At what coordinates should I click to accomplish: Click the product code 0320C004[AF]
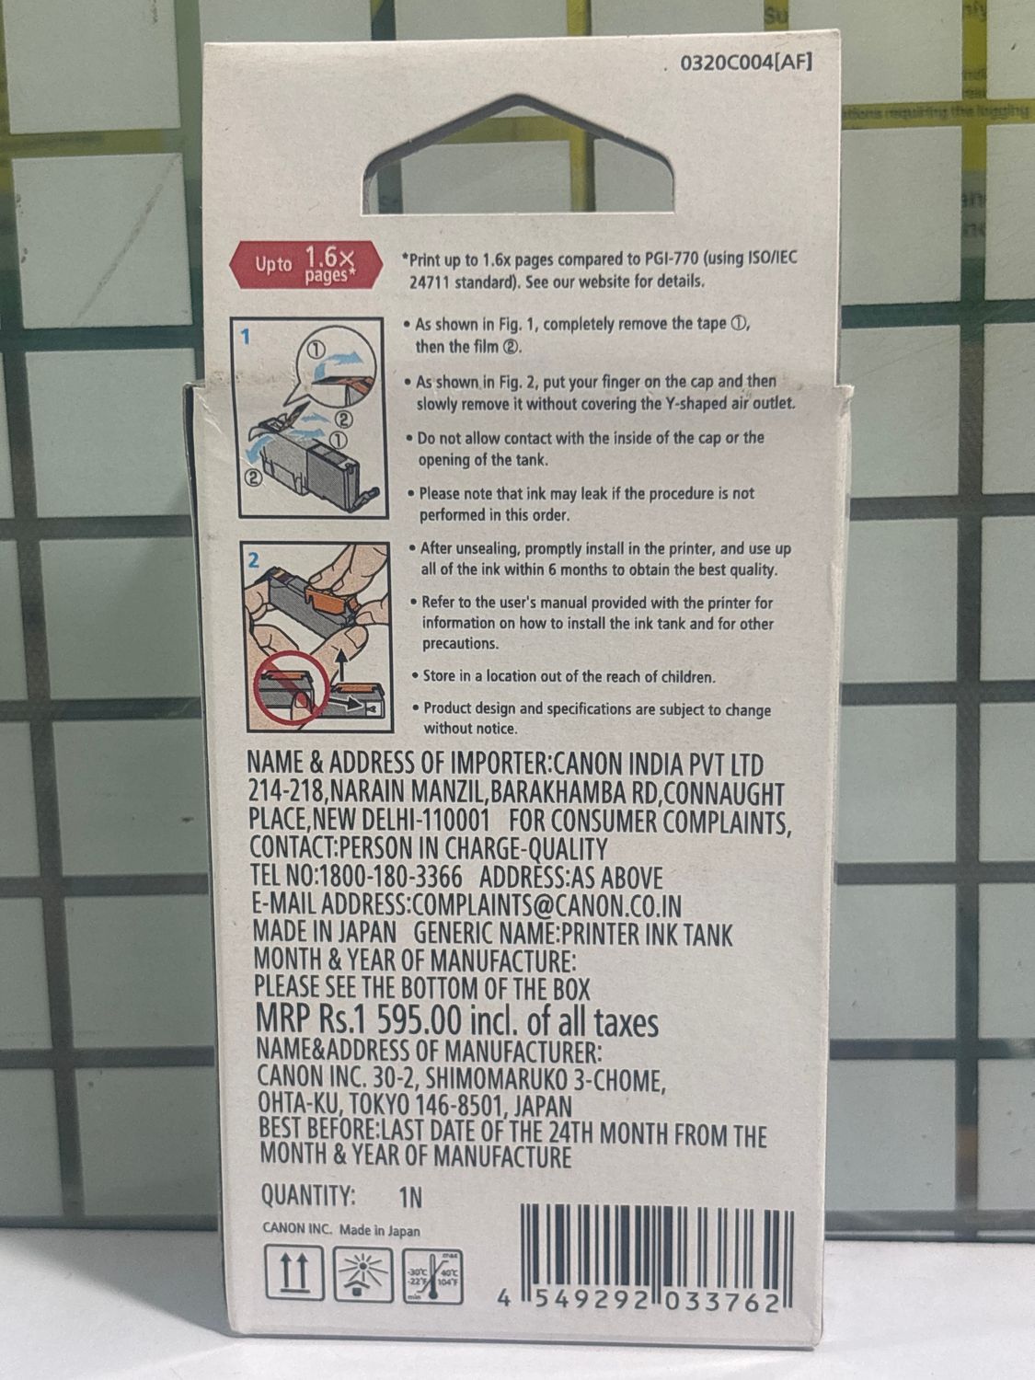(x=746, y=63)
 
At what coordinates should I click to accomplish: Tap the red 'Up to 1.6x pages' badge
(x=305, y=265)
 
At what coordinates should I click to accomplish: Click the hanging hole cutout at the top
(x=519, y=154)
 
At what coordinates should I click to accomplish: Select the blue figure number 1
(x=246, y=337)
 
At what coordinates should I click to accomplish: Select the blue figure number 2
(x=253, y=559)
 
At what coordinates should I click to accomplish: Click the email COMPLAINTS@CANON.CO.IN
(x=546, y=905)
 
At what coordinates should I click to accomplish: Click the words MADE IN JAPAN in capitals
(x=325, y=932)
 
